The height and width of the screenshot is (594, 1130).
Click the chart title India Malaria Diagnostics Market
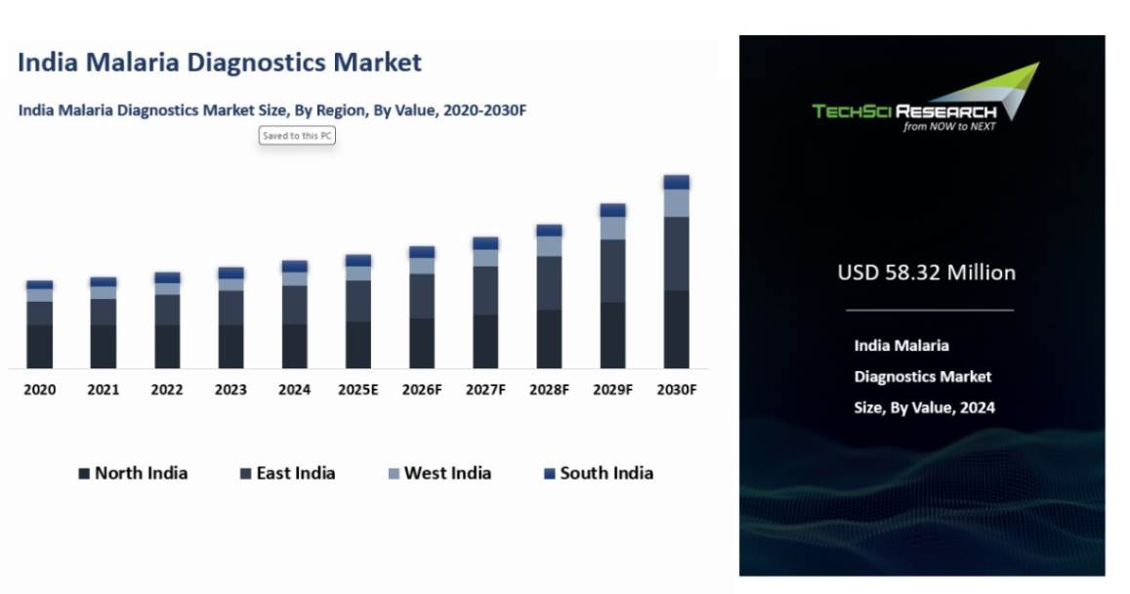click(220, 63)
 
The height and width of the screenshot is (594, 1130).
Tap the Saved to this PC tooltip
click(297, 136)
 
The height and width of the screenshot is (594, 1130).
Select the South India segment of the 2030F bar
click(676, 183)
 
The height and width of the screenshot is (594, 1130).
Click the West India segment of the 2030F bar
click(676, 203)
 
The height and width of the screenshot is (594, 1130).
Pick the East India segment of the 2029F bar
click(612, 271)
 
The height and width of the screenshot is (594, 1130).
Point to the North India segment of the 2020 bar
click(40, 346)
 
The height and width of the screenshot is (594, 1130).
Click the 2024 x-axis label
click(294, 390)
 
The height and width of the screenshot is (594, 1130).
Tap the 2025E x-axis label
click(357, 390)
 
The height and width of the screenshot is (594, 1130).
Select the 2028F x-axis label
click(549, 390)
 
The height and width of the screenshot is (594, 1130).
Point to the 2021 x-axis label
click(104, 390)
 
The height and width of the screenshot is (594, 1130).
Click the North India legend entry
click(133, 474)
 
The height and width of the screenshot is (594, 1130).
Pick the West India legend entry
click(439, 474)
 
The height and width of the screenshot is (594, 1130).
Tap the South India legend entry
click(598, 474)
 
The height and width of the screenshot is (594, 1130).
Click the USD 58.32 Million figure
click(926, 273)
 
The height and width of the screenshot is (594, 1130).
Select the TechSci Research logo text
click(903, 111)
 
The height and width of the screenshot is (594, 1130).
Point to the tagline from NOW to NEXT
click(949, 127)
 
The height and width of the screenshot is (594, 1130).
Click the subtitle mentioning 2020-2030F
click(272, 110)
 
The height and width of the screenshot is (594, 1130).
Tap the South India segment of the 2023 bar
click(230, 274)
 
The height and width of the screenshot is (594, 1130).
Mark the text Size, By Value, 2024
click(924, 408)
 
